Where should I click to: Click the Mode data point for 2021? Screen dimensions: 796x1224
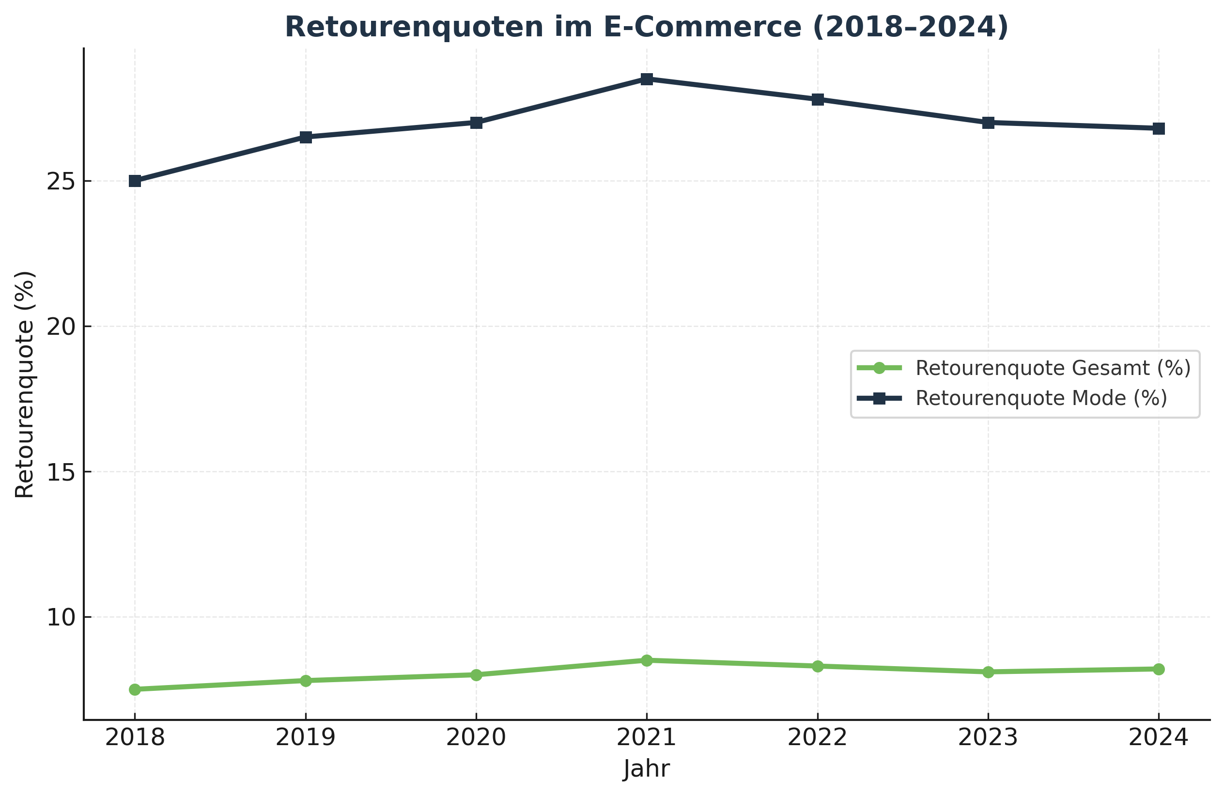point(647,79)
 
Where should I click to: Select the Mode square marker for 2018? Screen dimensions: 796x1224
point(135,181)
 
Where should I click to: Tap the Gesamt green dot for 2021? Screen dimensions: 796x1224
point(647,660)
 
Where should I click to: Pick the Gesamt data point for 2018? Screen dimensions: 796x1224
point(135,689)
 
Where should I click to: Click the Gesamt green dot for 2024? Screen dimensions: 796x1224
point(1159,669)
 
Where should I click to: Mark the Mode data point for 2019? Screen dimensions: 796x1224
point(306,138)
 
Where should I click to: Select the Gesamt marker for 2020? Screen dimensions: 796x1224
point(476,674)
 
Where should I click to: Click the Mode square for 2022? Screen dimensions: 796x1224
point(817,99)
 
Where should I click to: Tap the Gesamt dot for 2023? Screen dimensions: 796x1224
point(988,672)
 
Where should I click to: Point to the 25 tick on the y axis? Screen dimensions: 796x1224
point(61,182)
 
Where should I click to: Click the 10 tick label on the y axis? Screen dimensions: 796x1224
point(61,617)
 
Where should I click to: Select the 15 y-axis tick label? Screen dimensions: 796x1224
point(61,472)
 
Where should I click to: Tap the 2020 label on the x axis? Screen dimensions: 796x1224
point(476,737)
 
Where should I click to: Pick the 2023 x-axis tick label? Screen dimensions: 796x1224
point(988,737)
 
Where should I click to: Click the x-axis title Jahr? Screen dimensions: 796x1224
point(647,769)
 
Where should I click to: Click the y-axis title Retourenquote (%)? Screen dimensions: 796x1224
point(24,384)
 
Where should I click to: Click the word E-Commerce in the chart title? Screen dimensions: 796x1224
point(702,27)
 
